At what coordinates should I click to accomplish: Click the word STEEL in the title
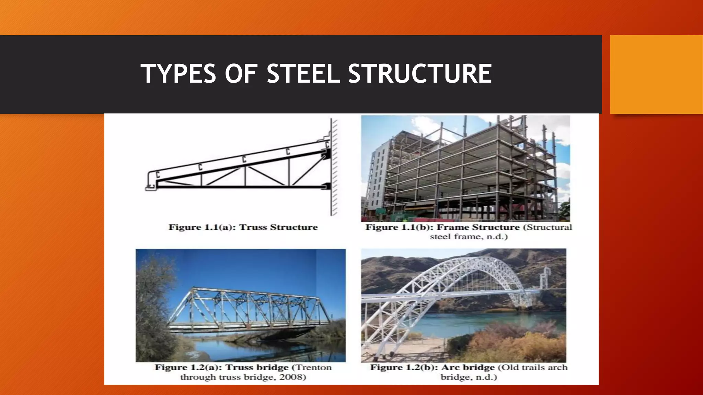[303, 74]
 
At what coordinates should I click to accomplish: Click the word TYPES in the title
[178, 74]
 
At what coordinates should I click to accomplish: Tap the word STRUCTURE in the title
[420, 74]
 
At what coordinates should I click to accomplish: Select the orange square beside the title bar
[656, 74]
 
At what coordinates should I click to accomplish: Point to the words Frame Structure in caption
[478, 227]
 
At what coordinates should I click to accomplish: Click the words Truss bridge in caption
[257, 368]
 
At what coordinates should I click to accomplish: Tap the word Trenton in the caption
[314, 368]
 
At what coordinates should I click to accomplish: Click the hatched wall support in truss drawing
[334, 168]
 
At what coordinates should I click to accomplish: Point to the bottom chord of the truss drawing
[240, 187]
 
